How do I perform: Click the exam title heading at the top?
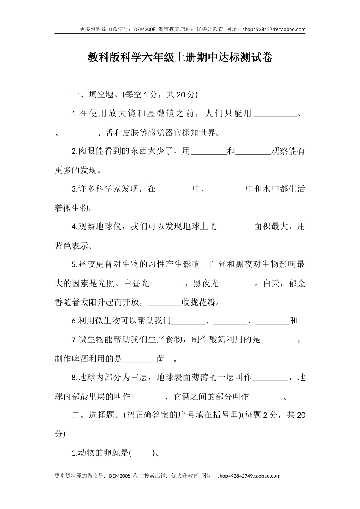click(180, 58)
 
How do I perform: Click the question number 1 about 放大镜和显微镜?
click(74, 114)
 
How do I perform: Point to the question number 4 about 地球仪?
click(74, 226)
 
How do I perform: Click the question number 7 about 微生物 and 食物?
click(74, 340)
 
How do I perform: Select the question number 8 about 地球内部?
click(74, 378)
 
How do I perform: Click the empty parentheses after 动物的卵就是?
click(143, 453)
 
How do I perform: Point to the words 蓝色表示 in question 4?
click(72, 245)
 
